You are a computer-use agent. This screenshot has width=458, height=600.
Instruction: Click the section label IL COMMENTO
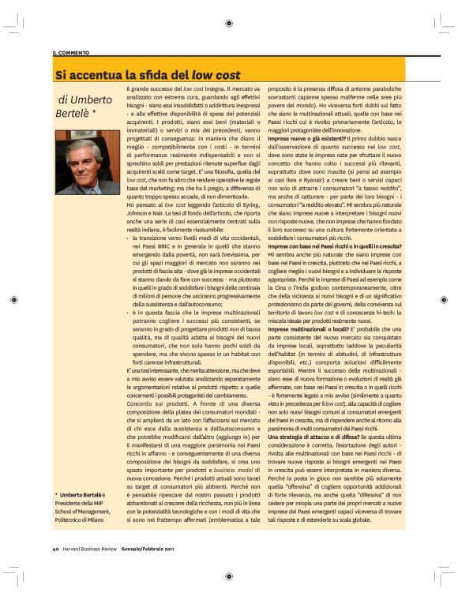(70, 52)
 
